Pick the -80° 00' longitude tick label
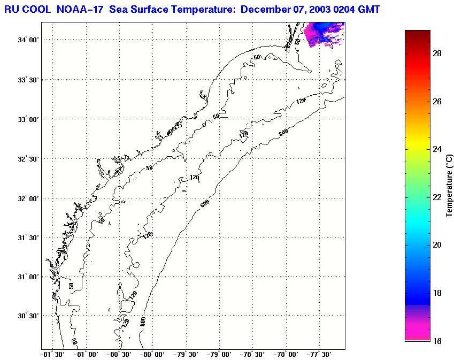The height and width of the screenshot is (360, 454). (x=153, y=355)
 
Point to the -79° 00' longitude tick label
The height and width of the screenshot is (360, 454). (x=220, y=355)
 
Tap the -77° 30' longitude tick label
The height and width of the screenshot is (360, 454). (x=320, y=355)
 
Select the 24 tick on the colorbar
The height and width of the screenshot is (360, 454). (x=436, y=149)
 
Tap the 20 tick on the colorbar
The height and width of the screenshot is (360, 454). (x=436, y=245)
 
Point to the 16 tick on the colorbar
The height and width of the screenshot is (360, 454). (x=436, y=341)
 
